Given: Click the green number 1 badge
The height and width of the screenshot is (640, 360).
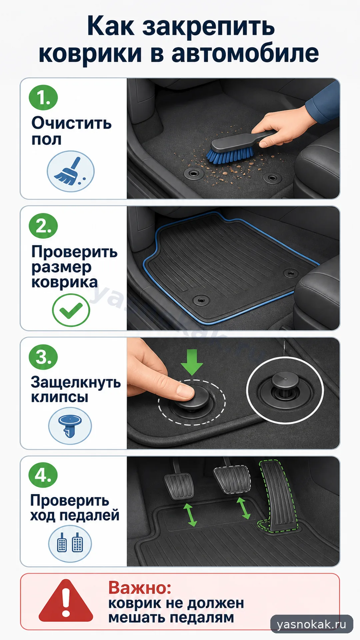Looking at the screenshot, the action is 43,97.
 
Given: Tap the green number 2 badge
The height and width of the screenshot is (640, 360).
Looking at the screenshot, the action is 43,226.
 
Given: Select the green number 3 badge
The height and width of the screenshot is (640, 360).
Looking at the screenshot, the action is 43,357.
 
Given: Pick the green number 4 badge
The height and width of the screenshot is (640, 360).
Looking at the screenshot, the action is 43,475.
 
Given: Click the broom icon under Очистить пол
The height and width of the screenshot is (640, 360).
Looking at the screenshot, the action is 71,171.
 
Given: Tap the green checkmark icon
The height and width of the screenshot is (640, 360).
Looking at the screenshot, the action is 71,310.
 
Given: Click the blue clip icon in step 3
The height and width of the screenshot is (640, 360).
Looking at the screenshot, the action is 70,426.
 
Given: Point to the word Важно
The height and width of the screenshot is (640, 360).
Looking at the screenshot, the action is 140,588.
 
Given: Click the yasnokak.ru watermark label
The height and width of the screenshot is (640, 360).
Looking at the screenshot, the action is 312,624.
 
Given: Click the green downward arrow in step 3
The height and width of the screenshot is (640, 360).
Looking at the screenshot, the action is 192,362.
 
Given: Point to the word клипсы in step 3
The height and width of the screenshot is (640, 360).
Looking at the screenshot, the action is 60,397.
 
